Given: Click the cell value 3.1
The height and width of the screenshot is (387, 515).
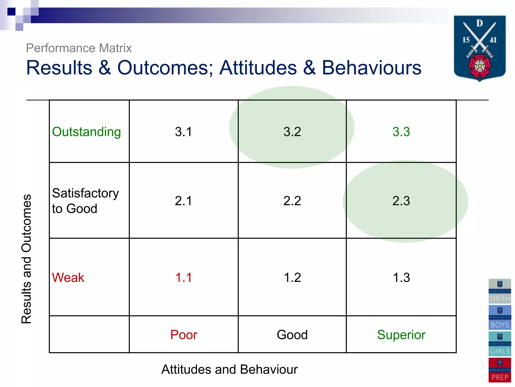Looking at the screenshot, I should pyautogui.click(x=183, y=132).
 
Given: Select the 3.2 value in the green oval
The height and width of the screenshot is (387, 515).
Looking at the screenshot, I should pyautogui.click(x=292, y=132).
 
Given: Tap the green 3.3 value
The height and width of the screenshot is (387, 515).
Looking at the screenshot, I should pyautogui.click(x=401, y=132).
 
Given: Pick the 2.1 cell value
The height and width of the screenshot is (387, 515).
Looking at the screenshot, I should pyautogui.click(x=183, y=201).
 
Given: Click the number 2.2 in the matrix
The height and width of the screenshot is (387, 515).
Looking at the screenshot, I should pyautogui.click(x=292, y=201).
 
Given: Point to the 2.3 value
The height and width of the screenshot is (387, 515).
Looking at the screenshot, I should pyautogui.click(x=401, y=201).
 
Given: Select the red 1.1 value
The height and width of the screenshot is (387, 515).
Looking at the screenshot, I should pyautogui.click(x=183, y=277).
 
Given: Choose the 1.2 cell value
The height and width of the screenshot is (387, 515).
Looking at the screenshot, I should pyautogui.click(x=292, y=277).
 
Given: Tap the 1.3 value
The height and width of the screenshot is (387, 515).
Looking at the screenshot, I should pyautogui.click(x=401, y=277).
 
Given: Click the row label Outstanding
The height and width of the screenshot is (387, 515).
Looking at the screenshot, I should pyautogui.click(x=86, y=132).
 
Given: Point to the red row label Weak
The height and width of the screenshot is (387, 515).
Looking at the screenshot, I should pyautogui.click(x=68, y=277).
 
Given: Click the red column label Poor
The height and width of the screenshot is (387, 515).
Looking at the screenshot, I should pyautogui.click(x=184, y=335).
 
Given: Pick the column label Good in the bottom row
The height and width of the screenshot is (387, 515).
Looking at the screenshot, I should pyautogui.click(x=292, y=335).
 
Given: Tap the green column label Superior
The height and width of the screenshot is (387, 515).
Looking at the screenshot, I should pyautogui.click(x=401, y=335).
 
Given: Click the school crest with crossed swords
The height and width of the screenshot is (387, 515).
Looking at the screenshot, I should pyautogui.click(x=480, y=48).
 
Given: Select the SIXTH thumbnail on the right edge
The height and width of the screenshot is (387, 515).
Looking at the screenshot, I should pyautogui.click(x=500, y=291).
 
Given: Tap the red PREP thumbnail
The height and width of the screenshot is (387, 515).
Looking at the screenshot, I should pyautogui.click(x=500, y=370).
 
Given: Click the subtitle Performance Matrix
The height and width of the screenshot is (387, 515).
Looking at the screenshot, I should pyautogui.click(x=79, y=48).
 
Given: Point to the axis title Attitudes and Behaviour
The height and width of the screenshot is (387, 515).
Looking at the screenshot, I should pyautogui.click(x=229, y=369).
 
